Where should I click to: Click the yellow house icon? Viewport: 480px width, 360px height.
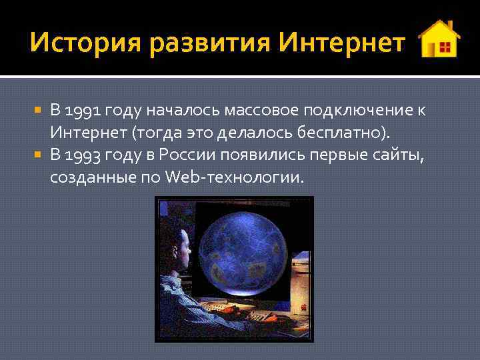[439, 39]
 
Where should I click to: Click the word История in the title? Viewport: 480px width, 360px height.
[85, 43]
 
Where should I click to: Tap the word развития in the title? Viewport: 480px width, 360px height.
[209, 43]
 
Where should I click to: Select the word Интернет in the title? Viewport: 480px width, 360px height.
[341, 43]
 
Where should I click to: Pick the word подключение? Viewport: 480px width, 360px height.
[354, 110]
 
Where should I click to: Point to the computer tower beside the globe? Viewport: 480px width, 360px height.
[301, 280]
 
